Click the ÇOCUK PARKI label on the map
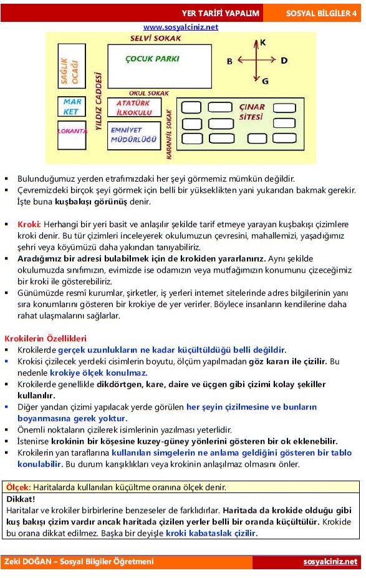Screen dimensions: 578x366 tap(152, 59)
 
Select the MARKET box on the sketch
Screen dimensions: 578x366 tap(71, 107)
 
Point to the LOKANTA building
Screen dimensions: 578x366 tap(71, 132)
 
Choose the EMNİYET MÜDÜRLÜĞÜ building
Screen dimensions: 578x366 tap(133, 135)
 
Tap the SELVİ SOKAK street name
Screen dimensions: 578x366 tap(155, 39)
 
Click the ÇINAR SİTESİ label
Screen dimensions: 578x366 tap(252, 112)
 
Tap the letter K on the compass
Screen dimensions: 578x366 tap(262, 42)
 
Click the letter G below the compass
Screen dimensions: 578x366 tap(265, 81)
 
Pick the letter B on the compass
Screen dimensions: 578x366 tap(229, 61)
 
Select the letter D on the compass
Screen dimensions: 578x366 tap(284, 61)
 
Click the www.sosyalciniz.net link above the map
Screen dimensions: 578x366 tap(181, 27)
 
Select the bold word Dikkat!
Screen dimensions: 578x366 tap(21, 499)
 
